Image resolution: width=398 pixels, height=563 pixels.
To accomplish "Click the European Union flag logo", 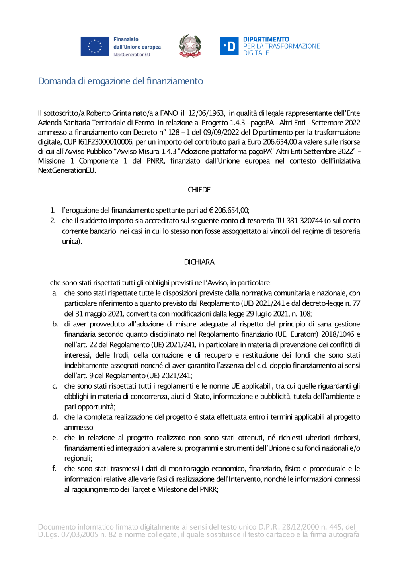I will point(95,47).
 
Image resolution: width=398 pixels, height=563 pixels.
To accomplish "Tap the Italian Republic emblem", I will point(190,46).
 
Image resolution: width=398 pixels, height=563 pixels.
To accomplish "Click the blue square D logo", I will point(229,46).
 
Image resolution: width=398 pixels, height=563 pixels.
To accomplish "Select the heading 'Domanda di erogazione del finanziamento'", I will point(120,81).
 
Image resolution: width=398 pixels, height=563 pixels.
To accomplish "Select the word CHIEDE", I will point(199,190).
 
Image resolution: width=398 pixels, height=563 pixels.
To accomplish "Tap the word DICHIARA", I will point(199,262).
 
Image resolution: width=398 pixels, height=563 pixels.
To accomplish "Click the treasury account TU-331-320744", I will point(299,221).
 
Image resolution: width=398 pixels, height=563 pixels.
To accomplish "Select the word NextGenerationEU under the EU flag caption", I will point(132,55).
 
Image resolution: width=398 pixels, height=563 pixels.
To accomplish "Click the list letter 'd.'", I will point(55,417).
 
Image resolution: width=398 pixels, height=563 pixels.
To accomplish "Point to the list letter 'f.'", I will point(55,469).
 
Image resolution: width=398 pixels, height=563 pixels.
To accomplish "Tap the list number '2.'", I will point(53,221).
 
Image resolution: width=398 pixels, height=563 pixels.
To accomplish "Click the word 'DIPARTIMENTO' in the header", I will point(266,39).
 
